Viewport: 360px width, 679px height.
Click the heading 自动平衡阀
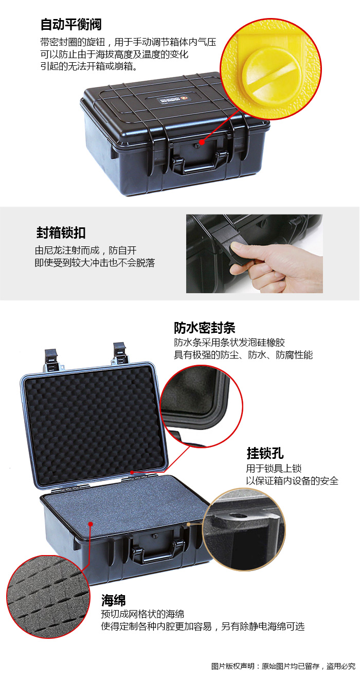[71, 25]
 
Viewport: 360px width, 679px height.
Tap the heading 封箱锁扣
[61, 233]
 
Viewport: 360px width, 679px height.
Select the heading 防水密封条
[205, 328]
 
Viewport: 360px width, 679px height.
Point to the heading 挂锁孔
[265, 454]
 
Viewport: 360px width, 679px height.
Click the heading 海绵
[113, 600]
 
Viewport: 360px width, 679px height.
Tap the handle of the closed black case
[200, 163]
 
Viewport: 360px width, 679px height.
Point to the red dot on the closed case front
[202, 141]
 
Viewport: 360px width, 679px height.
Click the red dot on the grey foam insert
[91, 524]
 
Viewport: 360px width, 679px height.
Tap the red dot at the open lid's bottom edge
[132, 472]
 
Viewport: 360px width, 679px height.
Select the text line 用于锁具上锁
[274, 468]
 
